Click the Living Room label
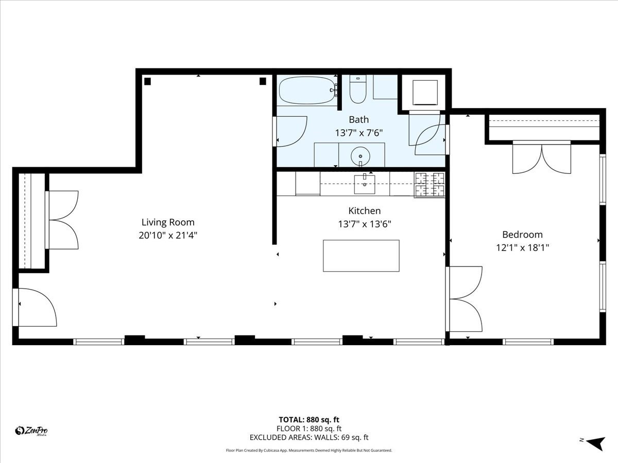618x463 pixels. pyautogui.click(x=168, y=222)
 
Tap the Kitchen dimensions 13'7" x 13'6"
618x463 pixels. pyautogui.click(x=364, y=224)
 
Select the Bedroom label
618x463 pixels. pyautogui.click(x=522, y=235)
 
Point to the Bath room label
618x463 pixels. pyautogui.click(x=358, y=120)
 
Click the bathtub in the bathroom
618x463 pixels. pyautogui.click(x=306, y=91)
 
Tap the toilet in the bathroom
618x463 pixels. pyautogui.click(x=357, y=89)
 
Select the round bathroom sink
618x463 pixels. pyautogui.click(x=360, y=155)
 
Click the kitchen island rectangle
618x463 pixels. pyautogui.click(x=361, y=256)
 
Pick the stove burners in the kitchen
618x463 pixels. pyautogui.click(x=430, y=185)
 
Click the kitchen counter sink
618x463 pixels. pyautogui.click(x=364, y=184)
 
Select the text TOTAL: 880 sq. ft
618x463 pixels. pyautogui.click(x=309, y=419)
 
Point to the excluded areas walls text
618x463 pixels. pyautogui.click(x=309, y=438)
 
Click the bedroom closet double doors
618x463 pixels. pyautogui.click(x=541, y=158)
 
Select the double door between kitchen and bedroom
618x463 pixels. pyautogui.click(x=465, y=299)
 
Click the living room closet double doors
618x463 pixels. pyautogui.click(x=63, y=220)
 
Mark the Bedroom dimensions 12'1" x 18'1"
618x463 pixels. pyautogui.click(x=522, y=247)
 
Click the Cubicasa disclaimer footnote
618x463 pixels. pyautogui.click(x=309, y=450)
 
